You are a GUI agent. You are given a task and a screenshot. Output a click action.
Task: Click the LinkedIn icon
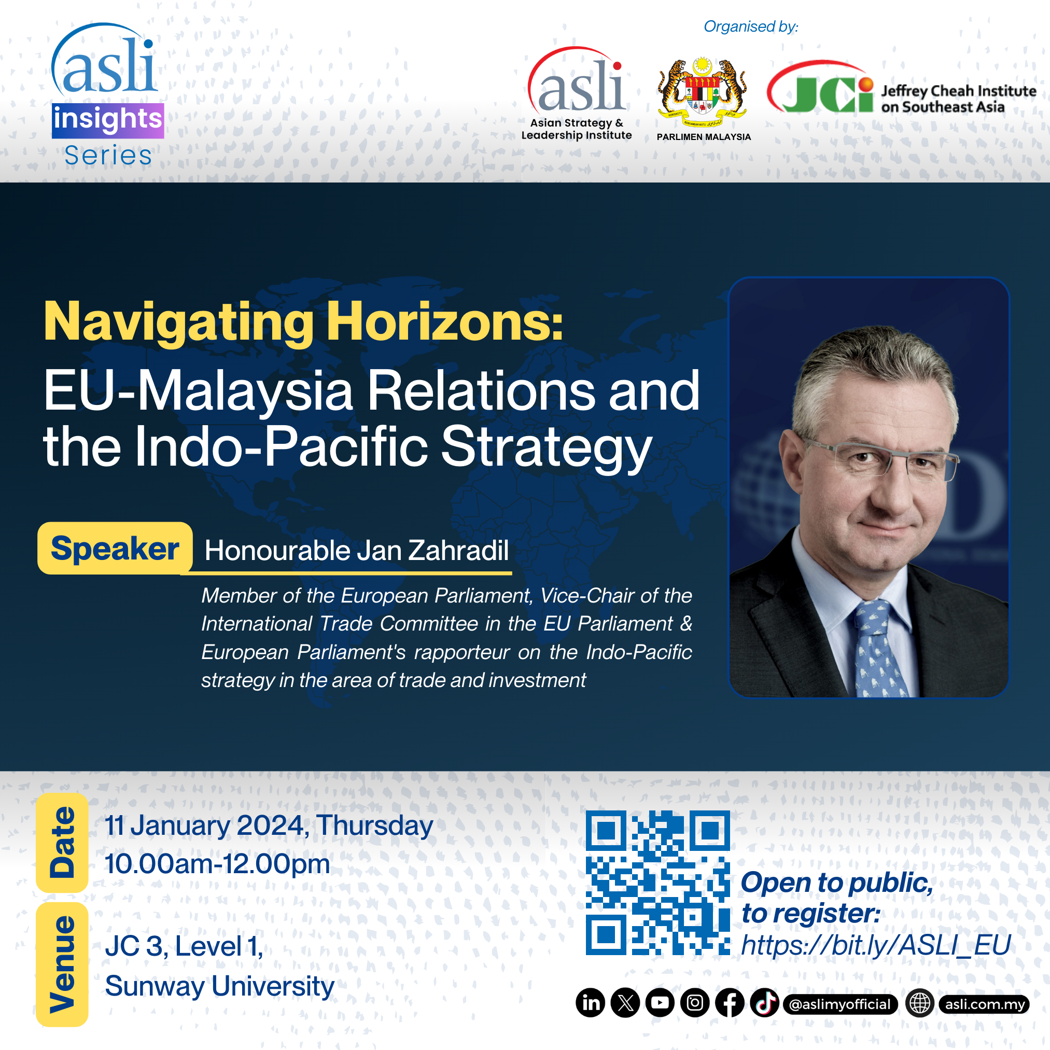(591, 1003)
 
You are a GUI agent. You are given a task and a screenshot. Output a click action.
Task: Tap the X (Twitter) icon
(625, 1003)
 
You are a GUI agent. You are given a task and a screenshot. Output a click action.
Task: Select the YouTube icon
(660, 1003)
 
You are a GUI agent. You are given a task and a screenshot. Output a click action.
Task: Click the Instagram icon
(695, 1003)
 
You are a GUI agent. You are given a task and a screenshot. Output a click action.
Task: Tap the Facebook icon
(730, 1003)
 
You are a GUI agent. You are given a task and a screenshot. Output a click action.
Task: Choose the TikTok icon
(765, 1003)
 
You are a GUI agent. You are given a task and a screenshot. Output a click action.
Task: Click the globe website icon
(919, 1003)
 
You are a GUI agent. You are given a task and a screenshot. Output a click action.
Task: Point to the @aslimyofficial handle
(840, 1004)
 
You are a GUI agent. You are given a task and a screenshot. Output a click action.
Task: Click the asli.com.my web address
(984, 1004)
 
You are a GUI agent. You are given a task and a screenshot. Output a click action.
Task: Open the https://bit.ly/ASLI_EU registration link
(876, 946)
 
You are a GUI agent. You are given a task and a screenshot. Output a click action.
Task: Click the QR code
(657, 883)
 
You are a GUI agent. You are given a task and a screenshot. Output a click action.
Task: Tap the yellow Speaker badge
(115, 548)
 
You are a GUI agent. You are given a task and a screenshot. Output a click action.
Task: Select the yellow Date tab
(62, 843)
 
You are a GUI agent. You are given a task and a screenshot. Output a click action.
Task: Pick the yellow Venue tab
(62, 964)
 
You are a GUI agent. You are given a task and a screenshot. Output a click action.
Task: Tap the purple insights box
(108, 121)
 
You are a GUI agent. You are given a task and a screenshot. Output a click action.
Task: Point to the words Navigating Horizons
(303, 323)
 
